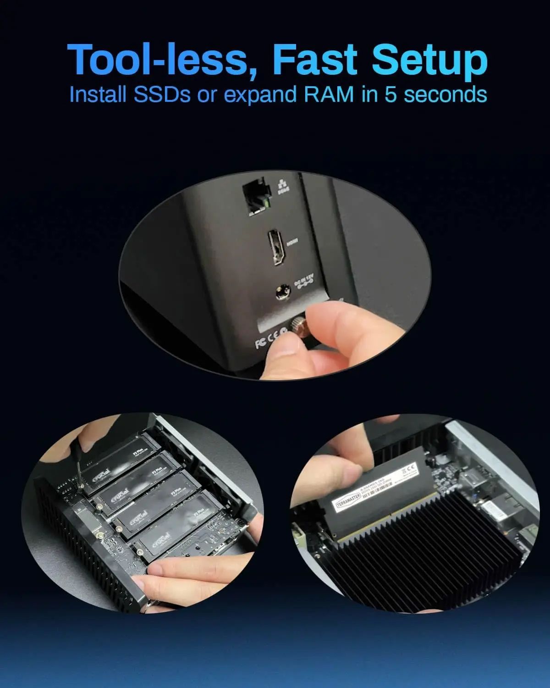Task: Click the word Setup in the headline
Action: (x=429, y=60)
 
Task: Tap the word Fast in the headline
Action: (x=314, y=60)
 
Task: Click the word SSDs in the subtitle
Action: (x=162, y=95)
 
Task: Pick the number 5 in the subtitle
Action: (x=390, y=95)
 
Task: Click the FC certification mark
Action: (x=260, y=342)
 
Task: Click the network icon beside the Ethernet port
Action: (x=282, y=189)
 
